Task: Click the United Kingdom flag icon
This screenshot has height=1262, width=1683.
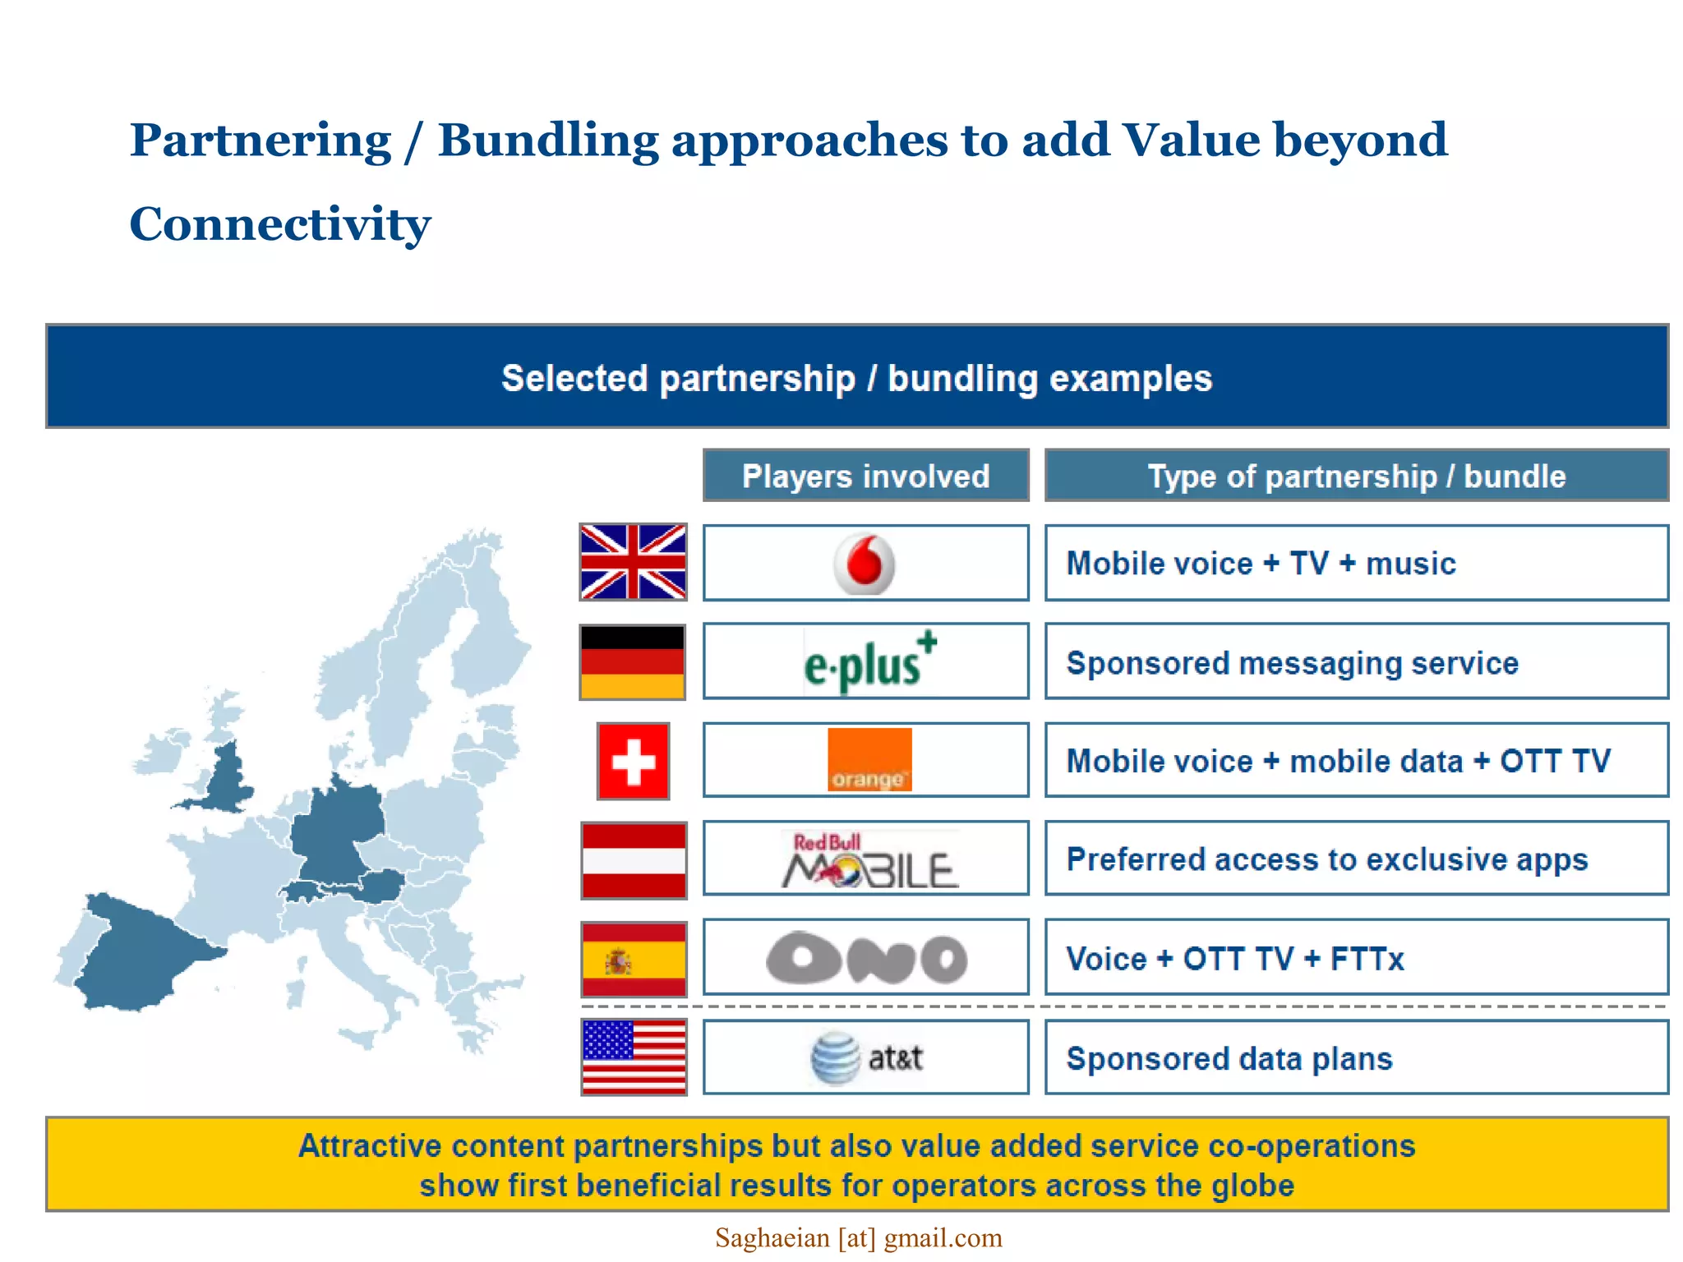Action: point(633,562)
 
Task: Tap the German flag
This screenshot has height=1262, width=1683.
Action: point(632,662)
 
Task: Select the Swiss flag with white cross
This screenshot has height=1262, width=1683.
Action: point(633,761)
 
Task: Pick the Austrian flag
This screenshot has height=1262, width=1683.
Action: point(633,859)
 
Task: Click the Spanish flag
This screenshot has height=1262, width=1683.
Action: point(633,959)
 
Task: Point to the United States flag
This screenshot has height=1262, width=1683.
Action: point(633,1057)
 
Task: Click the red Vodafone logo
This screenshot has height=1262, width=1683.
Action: point(864,564)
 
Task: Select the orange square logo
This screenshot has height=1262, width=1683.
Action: point(869,760)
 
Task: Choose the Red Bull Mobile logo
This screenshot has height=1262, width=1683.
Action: point(869,860)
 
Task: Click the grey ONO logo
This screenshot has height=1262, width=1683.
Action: point(866,959)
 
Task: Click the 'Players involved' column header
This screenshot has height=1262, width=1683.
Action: point(865,476)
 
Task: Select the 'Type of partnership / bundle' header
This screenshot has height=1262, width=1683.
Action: point(1356,476)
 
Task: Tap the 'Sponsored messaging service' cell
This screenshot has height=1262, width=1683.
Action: point(1356,662)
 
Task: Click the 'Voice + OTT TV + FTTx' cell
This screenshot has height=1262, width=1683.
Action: point(1356,958)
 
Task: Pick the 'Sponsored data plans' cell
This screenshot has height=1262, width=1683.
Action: point(1356,1058)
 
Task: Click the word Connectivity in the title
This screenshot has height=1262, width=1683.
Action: point(279,223)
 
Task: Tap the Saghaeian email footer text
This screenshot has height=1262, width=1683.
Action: point(858,1237)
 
